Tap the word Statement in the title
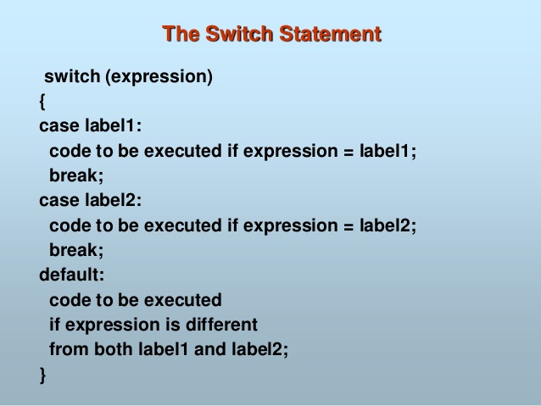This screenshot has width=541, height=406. pyautogui.click(x=330, y=34)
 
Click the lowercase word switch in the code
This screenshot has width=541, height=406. pyautogui.click(x=72, y=76)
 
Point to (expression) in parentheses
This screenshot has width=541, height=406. pyautogui.click(x=159, y=77)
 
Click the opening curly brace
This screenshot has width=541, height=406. pyautogui.click(x=42, y=102)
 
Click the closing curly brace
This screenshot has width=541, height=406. pyautogui.click(x=42, y=375)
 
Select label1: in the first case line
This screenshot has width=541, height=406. pyautogui.click(x=113, y=125)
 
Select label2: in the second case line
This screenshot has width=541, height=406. pyautogui.click(x=113, y=200)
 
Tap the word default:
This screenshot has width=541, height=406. pyautogui.click(x=72, y=275)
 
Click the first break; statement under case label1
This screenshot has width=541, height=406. pyautogui.click(x=76, y=175)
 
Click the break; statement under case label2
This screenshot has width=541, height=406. pyautogui.click(x=76, y=250)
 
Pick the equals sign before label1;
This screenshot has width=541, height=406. pyautogui.click(x=349, y=152)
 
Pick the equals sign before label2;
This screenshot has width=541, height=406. pyautogui.click(x=349, y=227)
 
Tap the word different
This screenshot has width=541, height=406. pyautogui.click(x=221, y=325)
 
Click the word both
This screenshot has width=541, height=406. pyautogui.click(x=114, y=348)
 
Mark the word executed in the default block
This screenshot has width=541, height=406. pyautogui.click(x=182, y=300)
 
